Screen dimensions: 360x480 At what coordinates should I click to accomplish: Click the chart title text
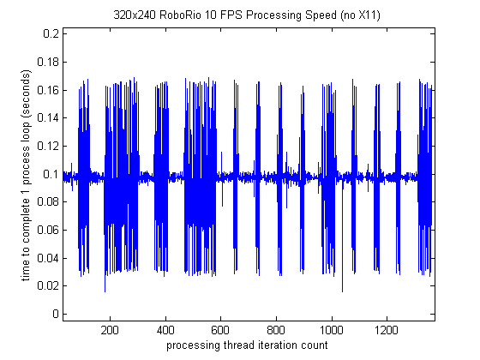248,15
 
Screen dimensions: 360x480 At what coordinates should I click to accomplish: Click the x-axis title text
248,345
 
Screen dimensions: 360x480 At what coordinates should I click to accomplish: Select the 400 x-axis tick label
165,329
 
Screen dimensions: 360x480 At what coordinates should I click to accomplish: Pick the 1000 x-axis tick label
332,329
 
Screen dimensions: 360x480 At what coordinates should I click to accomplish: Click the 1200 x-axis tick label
387,329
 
